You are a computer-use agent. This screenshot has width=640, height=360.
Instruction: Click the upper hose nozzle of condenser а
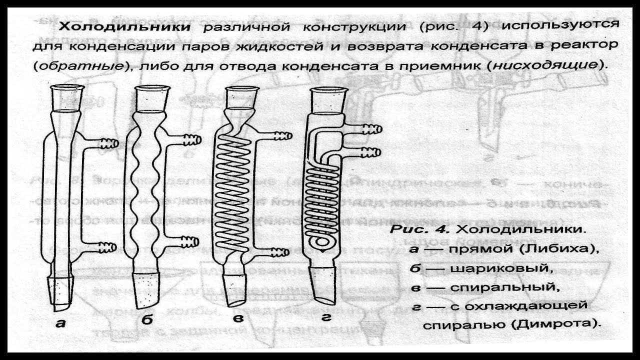(x=107, y=143)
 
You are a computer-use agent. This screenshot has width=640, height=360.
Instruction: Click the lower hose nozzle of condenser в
(x=283, y=247)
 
